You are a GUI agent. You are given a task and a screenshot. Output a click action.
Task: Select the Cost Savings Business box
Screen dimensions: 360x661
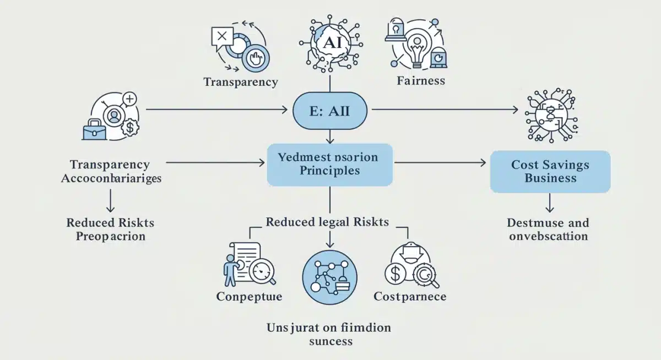550,172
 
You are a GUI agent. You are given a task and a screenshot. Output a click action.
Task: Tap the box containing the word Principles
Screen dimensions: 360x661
329,164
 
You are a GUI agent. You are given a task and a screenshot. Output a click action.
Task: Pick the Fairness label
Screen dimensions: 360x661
420,81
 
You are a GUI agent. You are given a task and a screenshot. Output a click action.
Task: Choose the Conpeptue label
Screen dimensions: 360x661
249,297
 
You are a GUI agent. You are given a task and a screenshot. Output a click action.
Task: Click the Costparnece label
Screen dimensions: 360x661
409,297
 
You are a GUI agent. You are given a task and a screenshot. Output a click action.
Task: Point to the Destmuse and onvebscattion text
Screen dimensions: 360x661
548,230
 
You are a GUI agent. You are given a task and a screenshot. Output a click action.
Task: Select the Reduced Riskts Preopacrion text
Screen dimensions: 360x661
110,230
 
